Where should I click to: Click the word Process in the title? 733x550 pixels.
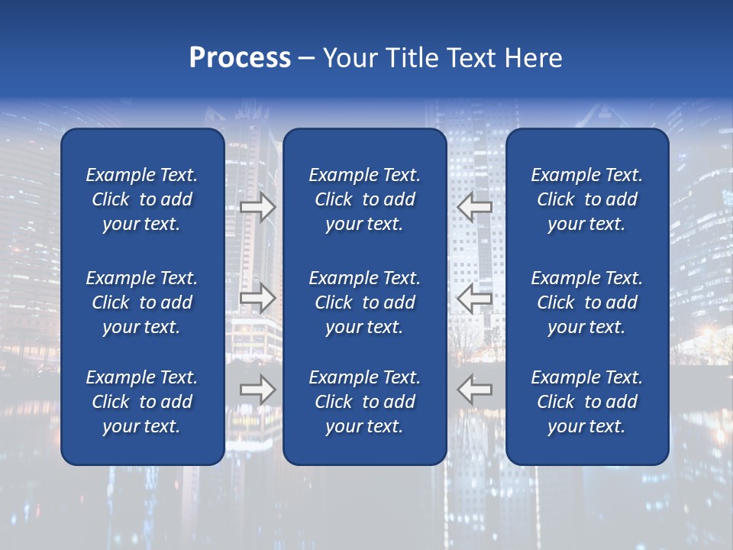tap(240, 58)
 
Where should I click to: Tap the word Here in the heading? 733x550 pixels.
tap(531, 58)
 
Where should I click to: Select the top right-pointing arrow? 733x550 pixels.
tap(257, 206)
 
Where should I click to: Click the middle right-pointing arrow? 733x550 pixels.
tap(257, 298)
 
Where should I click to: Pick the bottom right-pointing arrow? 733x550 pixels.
tap(257, 390)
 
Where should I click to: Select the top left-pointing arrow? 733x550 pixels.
tap(474, 206)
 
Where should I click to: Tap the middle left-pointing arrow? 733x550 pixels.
tap(474, 298)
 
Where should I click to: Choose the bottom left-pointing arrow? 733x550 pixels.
tap(474, 390)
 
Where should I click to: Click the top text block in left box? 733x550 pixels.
tap(142, 199)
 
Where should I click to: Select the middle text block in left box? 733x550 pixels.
tap(142, 302)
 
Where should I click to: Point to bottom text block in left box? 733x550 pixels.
tap(142, 402)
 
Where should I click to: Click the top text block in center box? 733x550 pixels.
tap(365, 199)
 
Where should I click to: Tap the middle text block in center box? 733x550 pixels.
tap(365, 302)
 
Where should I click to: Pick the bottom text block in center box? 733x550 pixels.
tap(365, 402)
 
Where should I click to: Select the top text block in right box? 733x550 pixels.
tap(587, 199)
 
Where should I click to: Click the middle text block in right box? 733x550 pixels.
tap(587, 302)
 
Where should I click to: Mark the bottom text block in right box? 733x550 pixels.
tap(587, 402)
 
